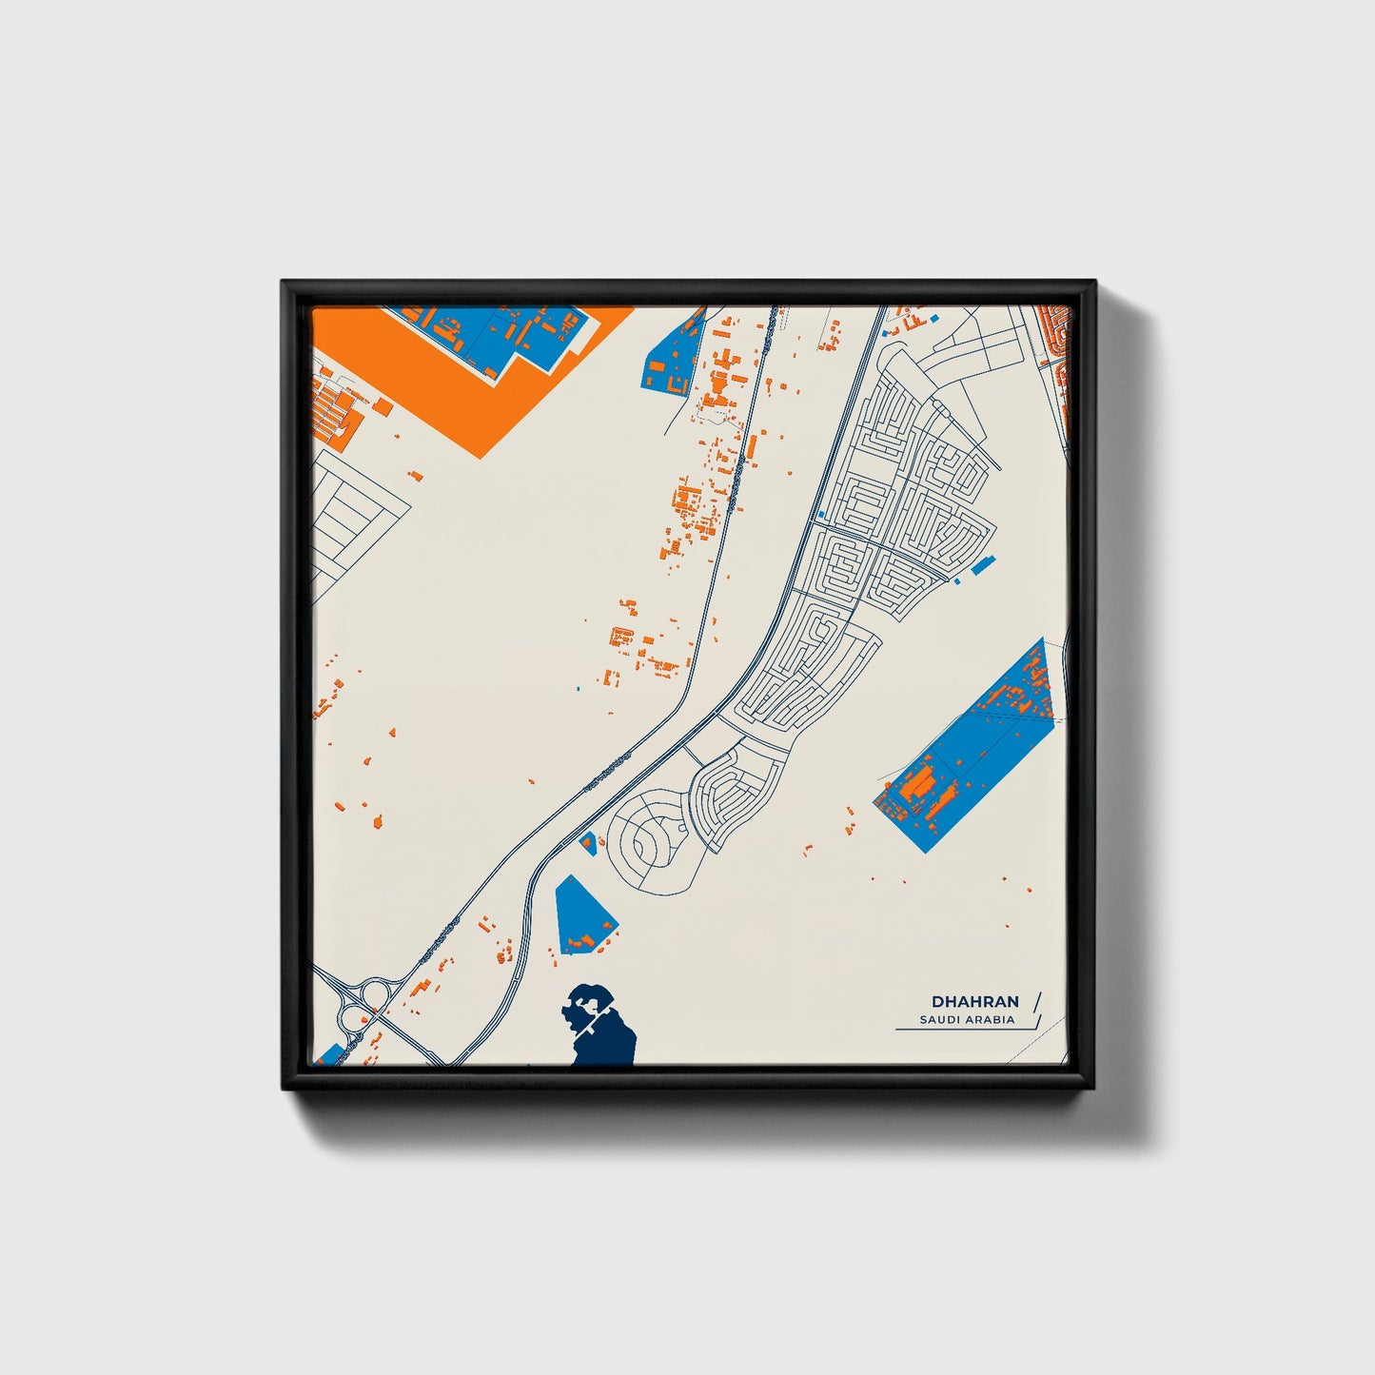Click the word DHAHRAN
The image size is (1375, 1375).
click(974, 1002)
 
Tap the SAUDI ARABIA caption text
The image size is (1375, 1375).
click(966, 1020)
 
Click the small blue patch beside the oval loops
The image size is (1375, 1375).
click(588, 842)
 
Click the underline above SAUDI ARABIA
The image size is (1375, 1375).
click(956, 1012)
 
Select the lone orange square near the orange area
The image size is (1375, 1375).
click(383, 407)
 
